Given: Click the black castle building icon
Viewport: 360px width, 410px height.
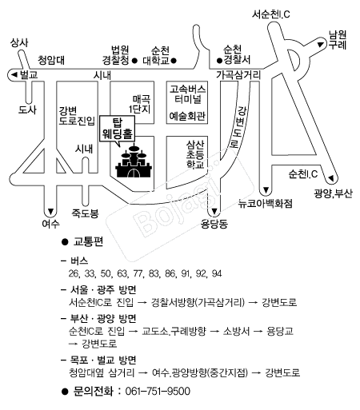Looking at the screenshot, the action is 134,161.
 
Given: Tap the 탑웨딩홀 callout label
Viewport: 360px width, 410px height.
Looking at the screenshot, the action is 118,129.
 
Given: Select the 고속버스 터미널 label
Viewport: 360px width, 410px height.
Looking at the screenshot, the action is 188,94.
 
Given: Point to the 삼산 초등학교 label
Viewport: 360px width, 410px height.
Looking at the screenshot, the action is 195,154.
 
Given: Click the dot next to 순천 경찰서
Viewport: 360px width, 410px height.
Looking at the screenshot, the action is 219,61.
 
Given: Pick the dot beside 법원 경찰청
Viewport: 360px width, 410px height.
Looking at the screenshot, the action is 134,61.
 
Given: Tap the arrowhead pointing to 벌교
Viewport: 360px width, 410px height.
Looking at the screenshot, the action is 14,75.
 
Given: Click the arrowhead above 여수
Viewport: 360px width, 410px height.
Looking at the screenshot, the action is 50,211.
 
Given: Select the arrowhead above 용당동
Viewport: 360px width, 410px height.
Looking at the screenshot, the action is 214,211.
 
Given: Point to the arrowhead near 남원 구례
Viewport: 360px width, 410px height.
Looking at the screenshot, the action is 320,45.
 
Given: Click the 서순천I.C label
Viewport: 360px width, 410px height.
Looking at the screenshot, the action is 271,14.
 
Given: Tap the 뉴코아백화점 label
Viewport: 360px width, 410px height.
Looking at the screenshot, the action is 266,204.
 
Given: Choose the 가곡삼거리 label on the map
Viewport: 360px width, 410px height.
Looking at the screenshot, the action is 238,75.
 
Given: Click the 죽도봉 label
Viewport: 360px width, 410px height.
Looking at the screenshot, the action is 85,213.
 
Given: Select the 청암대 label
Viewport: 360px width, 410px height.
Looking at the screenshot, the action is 51,60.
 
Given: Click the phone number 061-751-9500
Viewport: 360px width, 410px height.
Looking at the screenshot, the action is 158,392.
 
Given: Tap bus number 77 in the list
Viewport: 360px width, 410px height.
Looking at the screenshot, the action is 138,273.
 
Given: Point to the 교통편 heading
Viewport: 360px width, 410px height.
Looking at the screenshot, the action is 88,242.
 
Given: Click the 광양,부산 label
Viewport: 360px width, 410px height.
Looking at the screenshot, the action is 333,193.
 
